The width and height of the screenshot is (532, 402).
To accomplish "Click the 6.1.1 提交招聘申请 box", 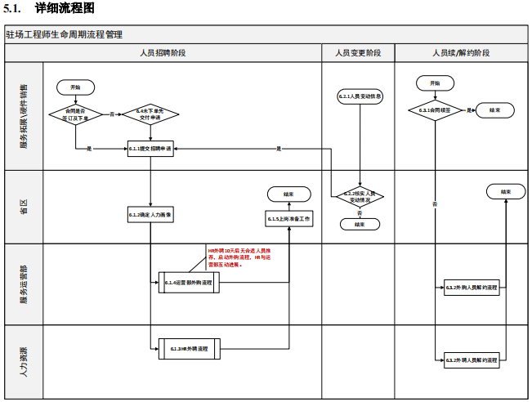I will coord(151,149).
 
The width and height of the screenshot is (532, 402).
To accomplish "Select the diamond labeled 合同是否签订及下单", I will coord(75,114).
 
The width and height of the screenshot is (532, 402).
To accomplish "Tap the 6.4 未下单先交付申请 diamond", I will coord(151,114).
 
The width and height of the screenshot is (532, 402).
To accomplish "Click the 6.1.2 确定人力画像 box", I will coord(151,214).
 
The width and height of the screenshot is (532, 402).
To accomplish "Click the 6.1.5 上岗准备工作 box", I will coord(289,219).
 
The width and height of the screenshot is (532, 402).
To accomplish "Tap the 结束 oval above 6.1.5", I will coord(289,194).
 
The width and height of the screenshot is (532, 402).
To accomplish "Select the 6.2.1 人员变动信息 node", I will coord(360,96).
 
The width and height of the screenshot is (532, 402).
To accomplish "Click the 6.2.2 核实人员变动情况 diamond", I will coord(360,197).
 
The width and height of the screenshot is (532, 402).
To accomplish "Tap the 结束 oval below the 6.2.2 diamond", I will coord(360,223).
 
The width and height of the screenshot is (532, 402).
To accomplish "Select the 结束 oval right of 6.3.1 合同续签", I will coord(495,109).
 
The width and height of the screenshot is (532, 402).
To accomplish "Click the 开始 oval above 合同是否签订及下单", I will coord(75,87).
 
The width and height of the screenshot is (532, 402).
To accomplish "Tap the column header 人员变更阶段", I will coord(358,53).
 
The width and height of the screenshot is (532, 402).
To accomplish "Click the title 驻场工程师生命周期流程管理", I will coord(65,35).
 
